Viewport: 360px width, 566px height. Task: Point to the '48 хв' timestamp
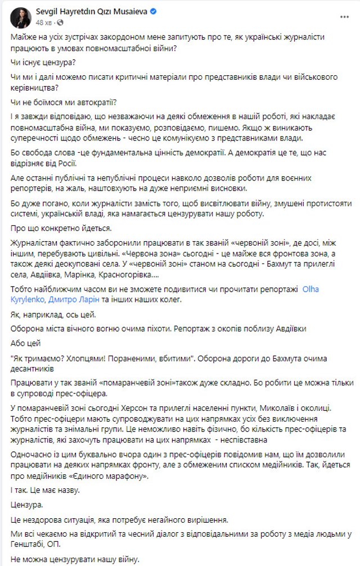point(43,21)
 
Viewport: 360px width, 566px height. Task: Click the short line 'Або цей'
point(26,342)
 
